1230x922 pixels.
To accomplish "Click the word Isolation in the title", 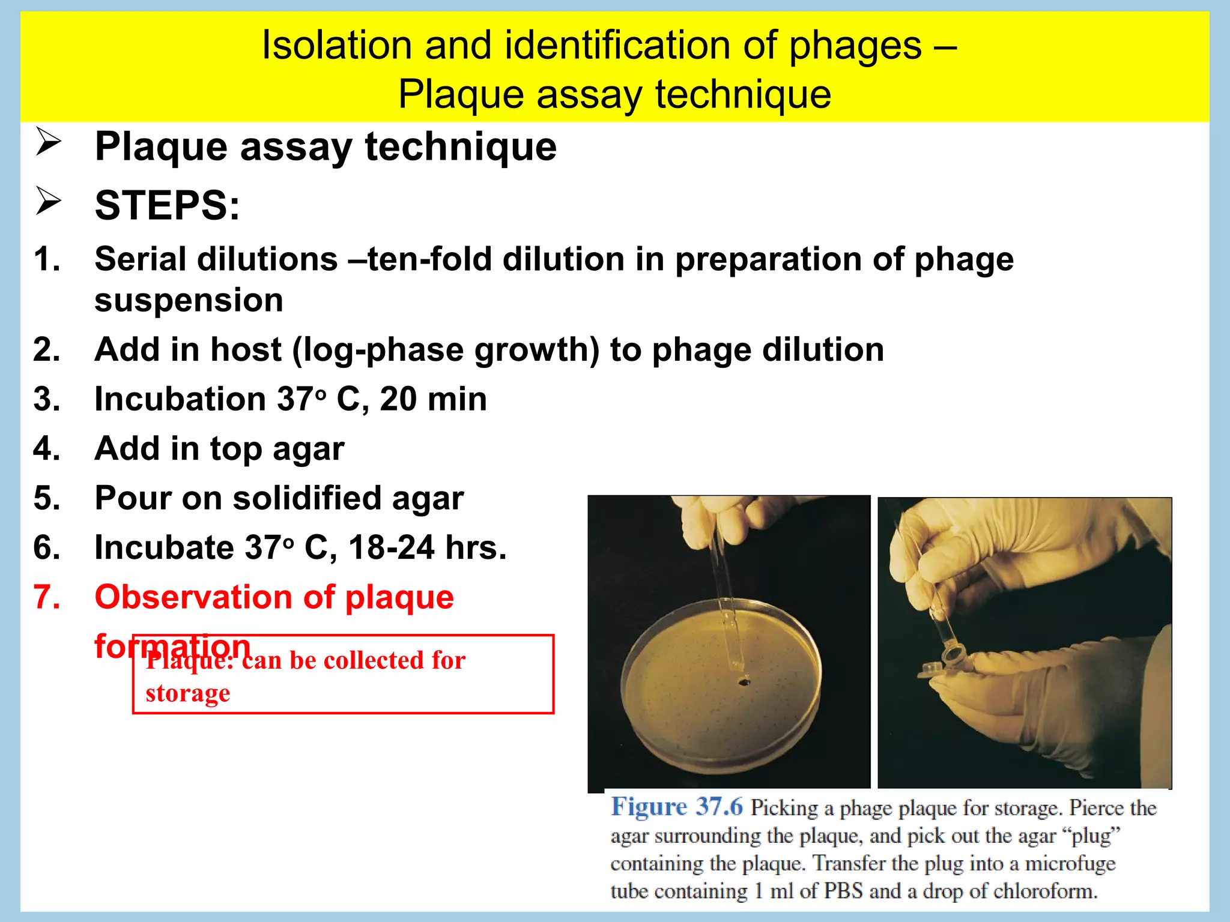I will (x=336, y=46).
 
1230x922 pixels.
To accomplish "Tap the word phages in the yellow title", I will (x=855, y=46).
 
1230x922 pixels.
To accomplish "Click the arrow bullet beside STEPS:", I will (x=48, y=201).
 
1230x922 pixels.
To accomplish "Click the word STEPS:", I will (x=167, y=206).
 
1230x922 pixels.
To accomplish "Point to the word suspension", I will (x=189, y=300).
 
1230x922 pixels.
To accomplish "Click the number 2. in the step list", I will (x=47, y=349).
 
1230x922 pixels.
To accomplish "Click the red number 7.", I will (x=47, y=597).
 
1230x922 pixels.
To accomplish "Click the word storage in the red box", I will (x=187, y=693).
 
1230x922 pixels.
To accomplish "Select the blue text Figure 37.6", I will (x=677, y=807).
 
